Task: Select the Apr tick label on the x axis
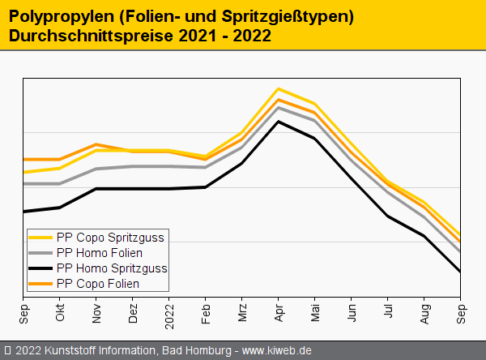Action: tap(279, 312)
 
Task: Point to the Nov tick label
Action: tap(96, 312)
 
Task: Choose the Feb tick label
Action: tap(206, 312)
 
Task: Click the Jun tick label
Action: tap(352, 312)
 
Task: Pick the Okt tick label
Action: tap(60, 312)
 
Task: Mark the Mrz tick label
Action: tap(242, 312)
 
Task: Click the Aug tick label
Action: tap(424, 312)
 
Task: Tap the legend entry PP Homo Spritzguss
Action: tap(112, 268)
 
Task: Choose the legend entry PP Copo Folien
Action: tap(97, 284)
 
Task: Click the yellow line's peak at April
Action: tap(279, 88)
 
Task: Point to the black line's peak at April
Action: tap(279, 122)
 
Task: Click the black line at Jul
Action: tap(388, 216)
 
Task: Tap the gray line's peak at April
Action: tap(279, 107)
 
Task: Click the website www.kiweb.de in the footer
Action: tap(277, 351)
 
